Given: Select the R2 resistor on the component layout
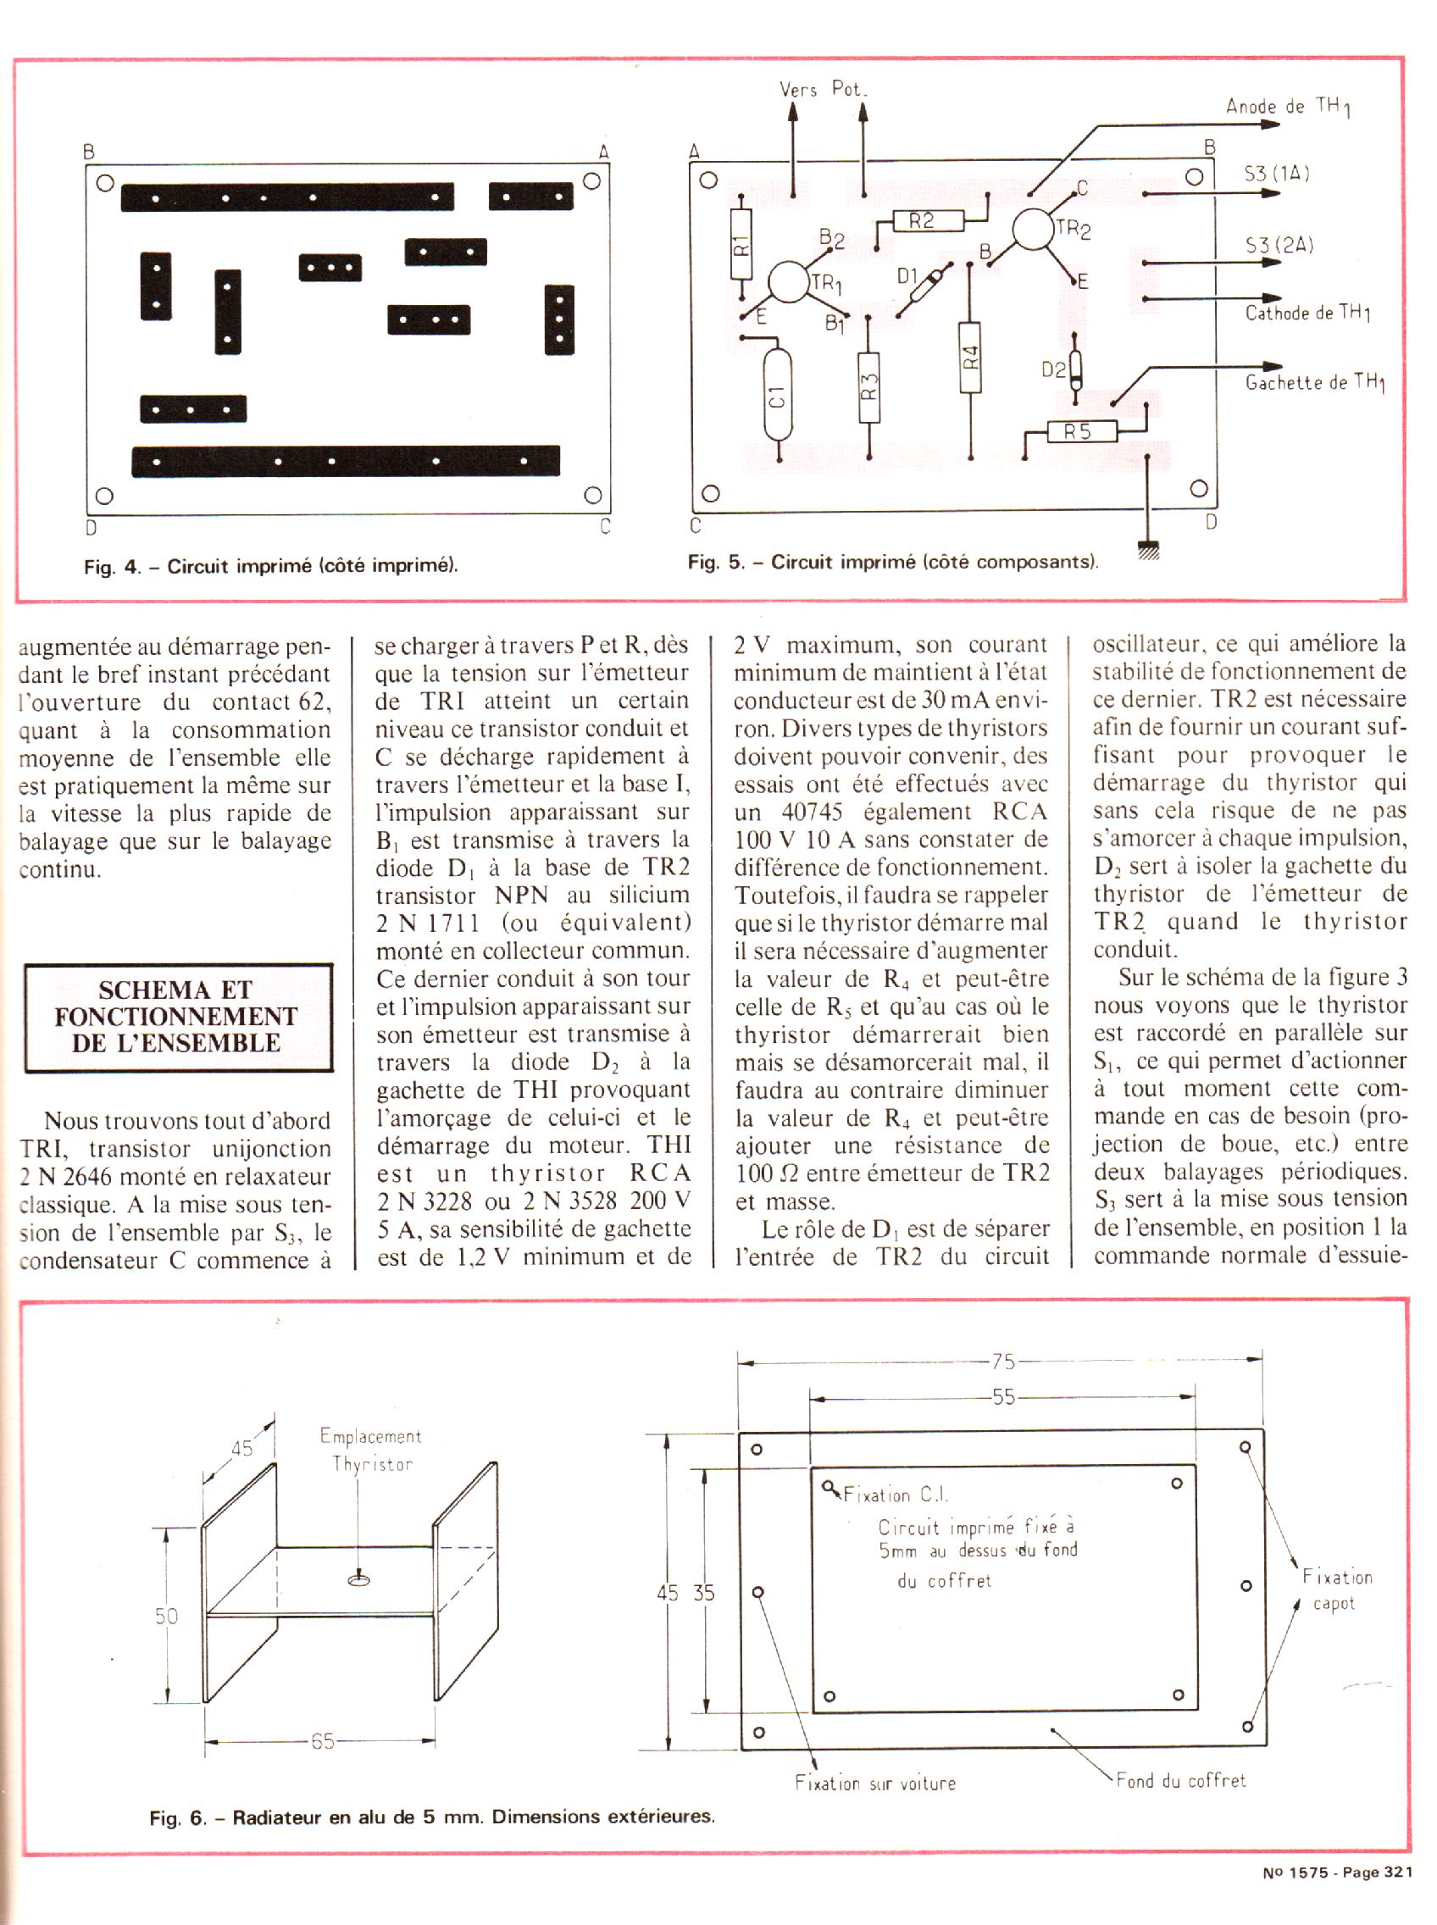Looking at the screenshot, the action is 929,221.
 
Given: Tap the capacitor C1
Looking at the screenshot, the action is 778,396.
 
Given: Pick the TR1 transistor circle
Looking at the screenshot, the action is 789,282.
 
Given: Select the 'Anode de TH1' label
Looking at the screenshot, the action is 1288,107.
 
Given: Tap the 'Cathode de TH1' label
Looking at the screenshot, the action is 1307,313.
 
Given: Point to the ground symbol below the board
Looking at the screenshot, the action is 1148,551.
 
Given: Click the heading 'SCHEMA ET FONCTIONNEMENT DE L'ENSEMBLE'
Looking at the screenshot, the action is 178,1017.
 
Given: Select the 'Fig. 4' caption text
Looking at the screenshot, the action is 270,566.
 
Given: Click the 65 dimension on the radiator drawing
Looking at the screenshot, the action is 322,1742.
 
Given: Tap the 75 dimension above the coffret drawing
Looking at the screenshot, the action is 1003,1362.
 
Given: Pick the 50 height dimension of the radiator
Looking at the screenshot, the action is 166,1617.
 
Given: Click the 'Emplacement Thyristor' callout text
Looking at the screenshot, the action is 371,1450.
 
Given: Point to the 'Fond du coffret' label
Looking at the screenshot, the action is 1181,1781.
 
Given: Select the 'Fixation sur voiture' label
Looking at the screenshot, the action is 875,1784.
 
